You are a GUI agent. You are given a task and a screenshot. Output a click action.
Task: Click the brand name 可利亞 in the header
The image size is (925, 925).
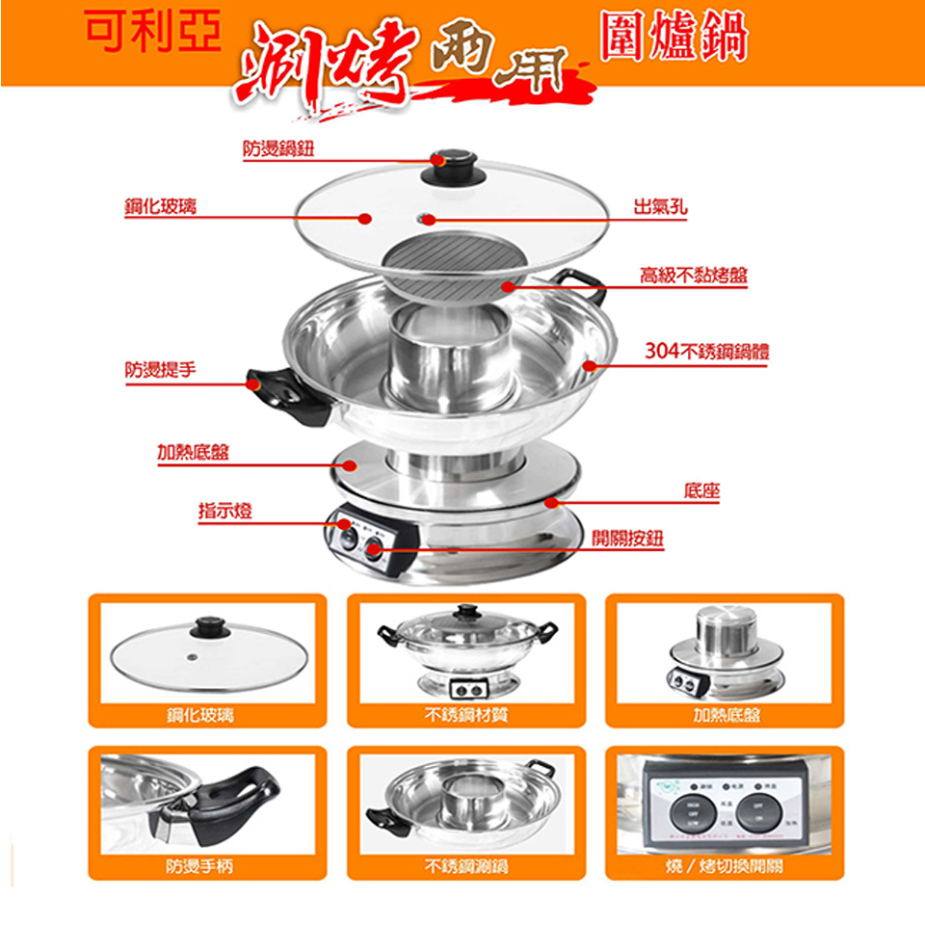click(x=152, y=34)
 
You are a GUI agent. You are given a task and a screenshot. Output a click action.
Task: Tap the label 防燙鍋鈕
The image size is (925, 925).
click(x=278, y=147)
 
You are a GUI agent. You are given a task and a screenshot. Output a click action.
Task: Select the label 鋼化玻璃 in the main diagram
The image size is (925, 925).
click(x=159, y=204)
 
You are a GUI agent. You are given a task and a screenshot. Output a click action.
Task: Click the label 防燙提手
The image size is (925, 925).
click(x=159, y=369)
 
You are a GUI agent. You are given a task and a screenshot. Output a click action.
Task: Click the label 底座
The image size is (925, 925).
click(x=701, y=490)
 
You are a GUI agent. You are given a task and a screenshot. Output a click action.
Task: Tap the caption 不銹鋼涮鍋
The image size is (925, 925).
click(x=466, y=866)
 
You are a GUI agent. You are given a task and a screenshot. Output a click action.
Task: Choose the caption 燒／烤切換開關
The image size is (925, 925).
click(x=725, y=866)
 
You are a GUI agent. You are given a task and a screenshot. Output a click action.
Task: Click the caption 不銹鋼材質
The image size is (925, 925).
click(x=466, y=714)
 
